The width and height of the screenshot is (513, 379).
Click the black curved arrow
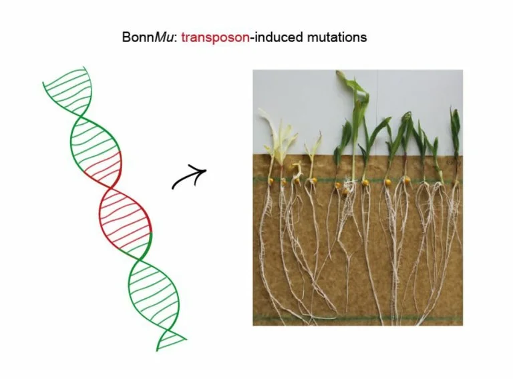tap(189, 177)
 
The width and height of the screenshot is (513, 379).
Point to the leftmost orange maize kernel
tap(271, 181)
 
